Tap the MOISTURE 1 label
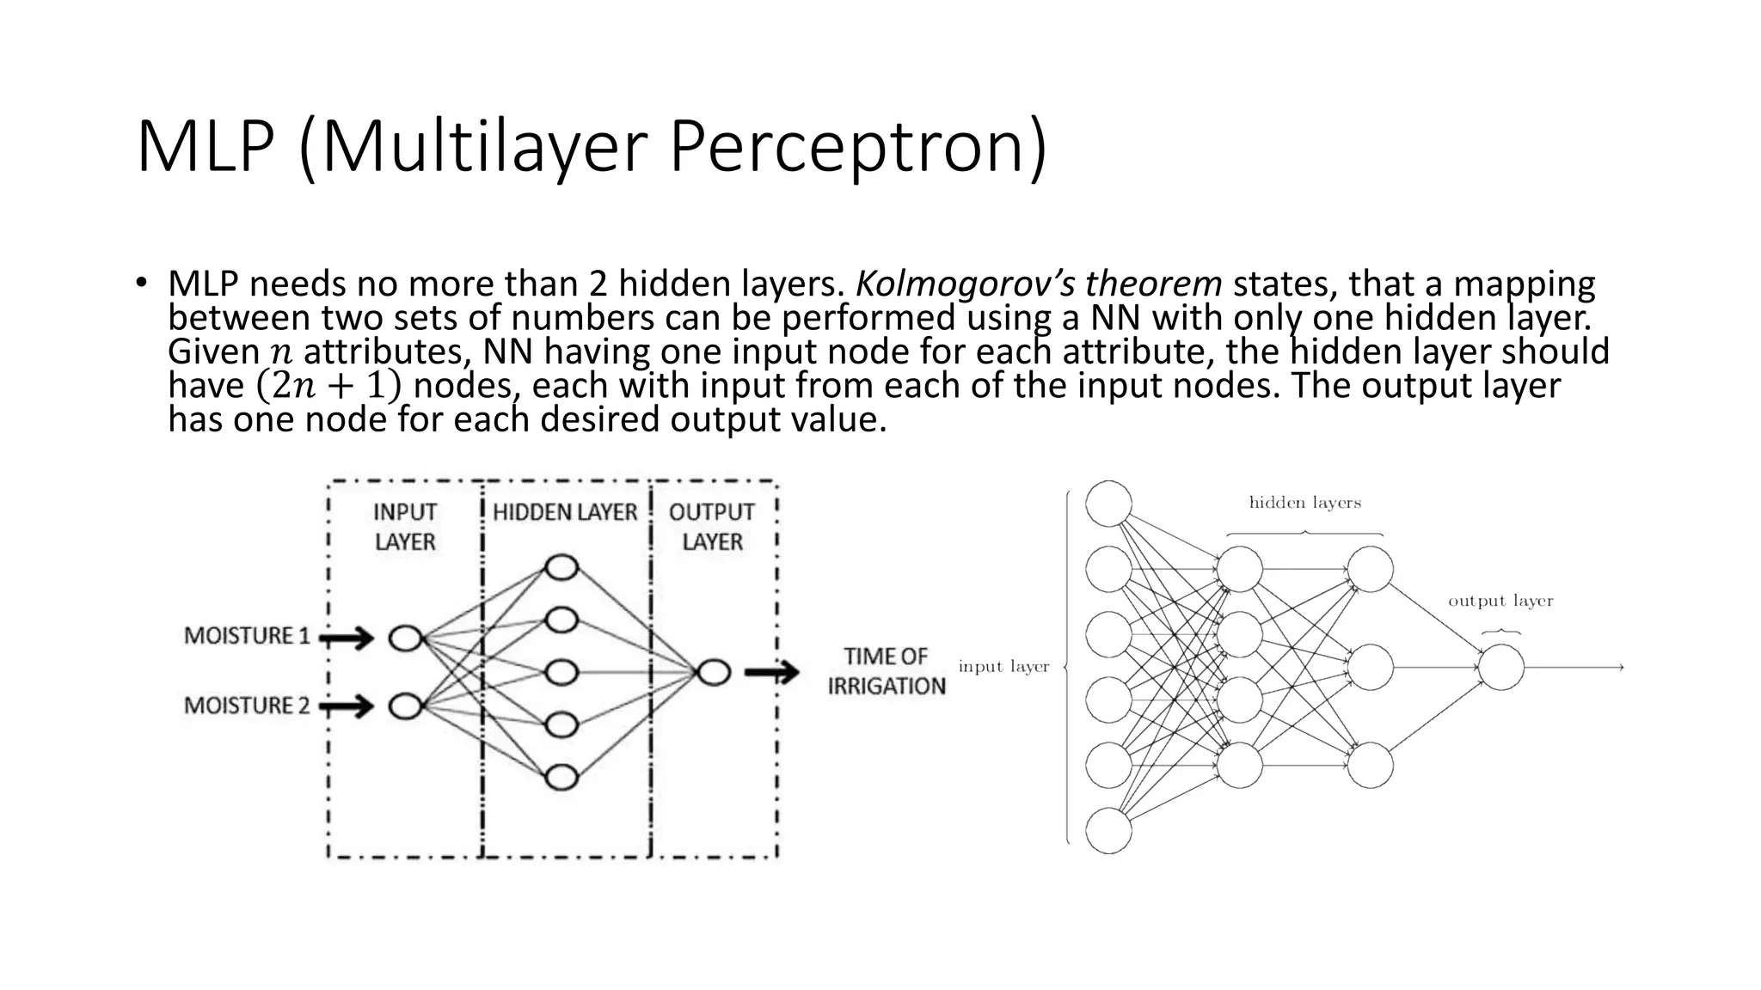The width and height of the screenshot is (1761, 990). click(247, 636)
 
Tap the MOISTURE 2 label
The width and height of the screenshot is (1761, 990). click(247, 706)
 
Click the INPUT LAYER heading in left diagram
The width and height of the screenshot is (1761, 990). click(405, 527)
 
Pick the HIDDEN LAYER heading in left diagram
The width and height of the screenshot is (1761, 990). click(565, 512)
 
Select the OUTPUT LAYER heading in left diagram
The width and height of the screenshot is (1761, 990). click(712, 527)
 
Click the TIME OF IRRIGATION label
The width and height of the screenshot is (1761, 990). click(887, 671)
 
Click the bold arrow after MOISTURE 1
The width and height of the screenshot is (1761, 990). click(347, 639)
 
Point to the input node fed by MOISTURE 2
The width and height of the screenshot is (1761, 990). click(405, 707)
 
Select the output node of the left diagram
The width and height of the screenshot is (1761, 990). click(714, 673)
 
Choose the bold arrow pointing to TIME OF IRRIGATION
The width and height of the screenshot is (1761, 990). click(771, 673)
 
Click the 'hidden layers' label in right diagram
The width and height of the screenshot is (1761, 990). click(1304, 503)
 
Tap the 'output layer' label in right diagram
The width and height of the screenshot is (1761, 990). click(1500, 601)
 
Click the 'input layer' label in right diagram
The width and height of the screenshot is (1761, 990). click(1003, 667)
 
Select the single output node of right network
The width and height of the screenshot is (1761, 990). click(1501, 668)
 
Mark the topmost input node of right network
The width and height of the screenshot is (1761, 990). click(1108, 504)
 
